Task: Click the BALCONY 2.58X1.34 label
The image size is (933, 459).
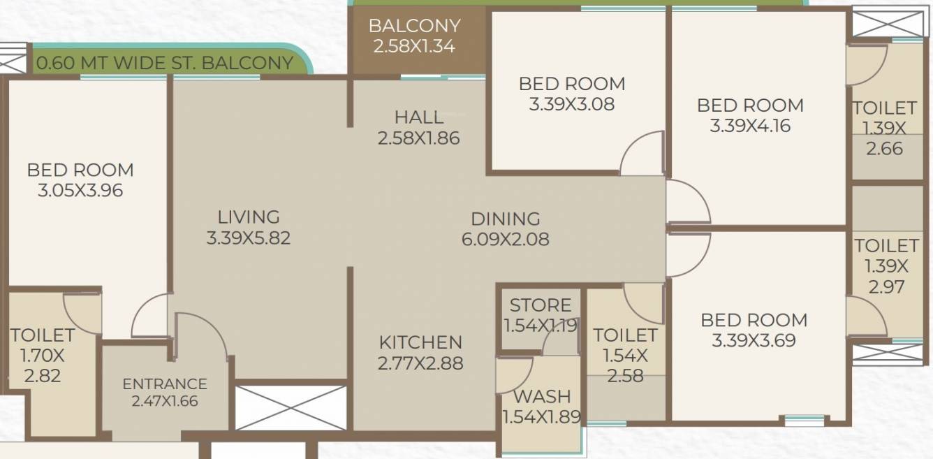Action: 415,36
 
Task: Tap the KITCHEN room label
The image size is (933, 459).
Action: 420,342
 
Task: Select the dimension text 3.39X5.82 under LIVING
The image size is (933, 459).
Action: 248,238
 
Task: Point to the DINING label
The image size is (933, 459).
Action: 505,219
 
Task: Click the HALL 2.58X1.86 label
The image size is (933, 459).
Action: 418,127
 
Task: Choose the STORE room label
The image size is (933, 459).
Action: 541,305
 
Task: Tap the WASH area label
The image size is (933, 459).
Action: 542,397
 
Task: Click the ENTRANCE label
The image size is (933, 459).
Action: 165,384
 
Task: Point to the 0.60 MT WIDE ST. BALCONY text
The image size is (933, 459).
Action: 165,63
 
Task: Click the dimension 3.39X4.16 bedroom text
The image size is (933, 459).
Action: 750,126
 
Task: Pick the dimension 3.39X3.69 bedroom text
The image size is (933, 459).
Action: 754,341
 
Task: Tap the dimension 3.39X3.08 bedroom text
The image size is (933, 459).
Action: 571,105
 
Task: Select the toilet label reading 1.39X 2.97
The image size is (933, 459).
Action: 886,266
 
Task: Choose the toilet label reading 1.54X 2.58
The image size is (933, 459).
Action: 625,356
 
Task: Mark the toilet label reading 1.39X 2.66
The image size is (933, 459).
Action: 884,129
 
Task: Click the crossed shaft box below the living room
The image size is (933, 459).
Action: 291,407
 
